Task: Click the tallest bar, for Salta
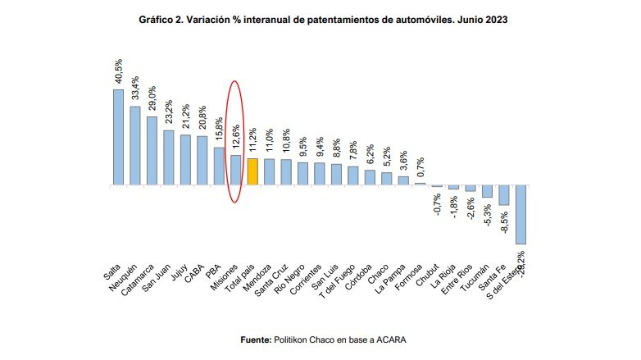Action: click(118, 136)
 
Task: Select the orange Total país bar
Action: click(252, 171)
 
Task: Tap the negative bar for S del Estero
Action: click(521, 214)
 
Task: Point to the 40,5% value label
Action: click(119, 72)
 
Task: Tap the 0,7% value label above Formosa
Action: click(421, 166)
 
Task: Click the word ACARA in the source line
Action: click(391, 339)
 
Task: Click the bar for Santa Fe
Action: click(504, 194)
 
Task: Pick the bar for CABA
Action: click(202, 160)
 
